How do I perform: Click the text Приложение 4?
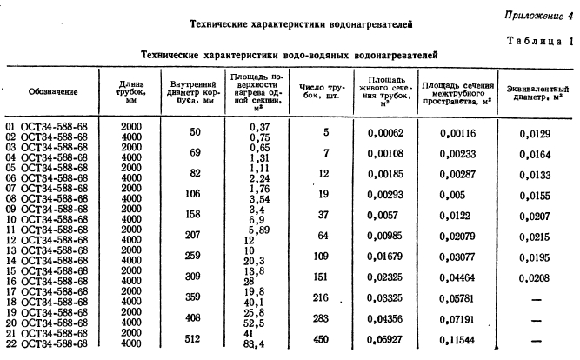[x=539, y=15]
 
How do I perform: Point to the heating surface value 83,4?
[x=245, y=345]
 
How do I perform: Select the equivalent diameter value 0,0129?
[x=540, y=131]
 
